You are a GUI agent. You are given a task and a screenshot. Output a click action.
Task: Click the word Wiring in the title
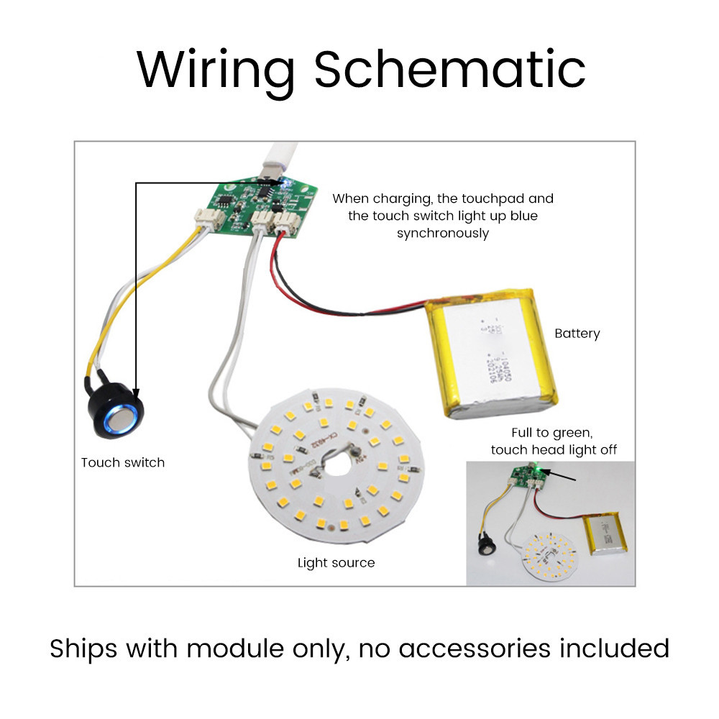click(216, 69)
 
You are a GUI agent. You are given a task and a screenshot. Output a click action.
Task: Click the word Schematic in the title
click(449, 69)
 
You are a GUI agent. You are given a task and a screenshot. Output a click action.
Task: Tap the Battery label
click(577, 334)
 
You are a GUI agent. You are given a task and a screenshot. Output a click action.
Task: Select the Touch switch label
click(123, 462)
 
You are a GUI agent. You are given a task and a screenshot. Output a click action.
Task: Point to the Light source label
click(336, 562)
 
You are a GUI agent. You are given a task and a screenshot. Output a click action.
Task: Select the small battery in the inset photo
click(608, 536)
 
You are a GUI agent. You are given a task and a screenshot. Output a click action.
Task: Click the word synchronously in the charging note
click(443, 233)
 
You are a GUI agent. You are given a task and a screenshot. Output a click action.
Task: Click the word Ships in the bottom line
click(84, 649)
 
